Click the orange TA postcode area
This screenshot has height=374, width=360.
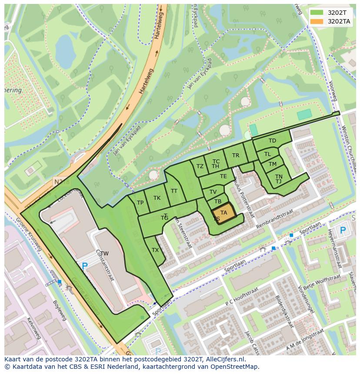224,213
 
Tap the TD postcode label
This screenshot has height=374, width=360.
272,141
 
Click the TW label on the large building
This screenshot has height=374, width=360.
104,254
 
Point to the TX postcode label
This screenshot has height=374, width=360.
155,250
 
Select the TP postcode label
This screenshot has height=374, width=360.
140,203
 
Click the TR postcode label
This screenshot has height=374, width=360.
236,156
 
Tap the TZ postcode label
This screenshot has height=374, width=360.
200,166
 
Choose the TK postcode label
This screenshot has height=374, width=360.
157,198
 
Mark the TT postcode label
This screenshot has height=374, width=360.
174,191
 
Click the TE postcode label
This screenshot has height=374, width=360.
223,176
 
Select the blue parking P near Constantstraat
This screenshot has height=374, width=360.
85,266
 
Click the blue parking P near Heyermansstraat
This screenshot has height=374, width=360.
343,230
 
